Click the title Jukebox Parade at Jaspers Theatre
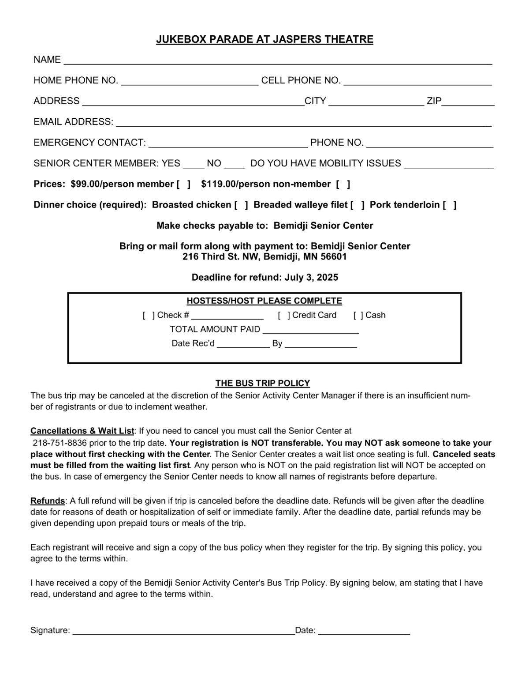pyautogui.click(x=264, y=40)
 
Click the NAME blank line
pyautogui.click(x=278, y=60)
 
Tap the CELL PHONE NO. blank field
pyautogui.click(x=417, y=81)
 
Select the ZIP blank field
pyautogui.click(x=468, y=102)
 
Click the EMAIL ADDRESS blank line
pyautogui.click(x=303, y=122)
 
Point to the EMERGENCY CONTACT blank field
pyautogui.click(x=228, y=143)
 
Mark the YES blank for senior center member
pyautogui.click(x=194, y=164)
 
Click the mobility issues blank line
pyautogui.click(x=448, y=164)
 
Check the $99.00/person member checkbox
pyautogui.click(x=183, y=184)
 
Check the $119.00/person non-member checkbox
pyautogui.click(x=343, y=184)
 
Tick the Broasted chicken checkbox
pyautogui.click(x=242, y=205)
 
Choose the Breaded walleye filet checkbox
pyautogui.click(x=358, y=205)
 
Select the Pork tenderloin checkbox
pyautogui.click(x=449, y=205)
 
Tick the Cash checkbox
pyautogui.click(x=358, y=316)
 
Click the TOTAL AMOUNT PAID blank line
pyautogui.click(x=311, y=330)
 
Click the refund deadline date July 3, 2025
pyautogui.click(x=311, y=278)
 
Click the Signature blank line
pyautogui.click(x=183, y=631)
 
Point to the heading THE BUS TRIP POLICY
pyautogui.click(x=263, y=383)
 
